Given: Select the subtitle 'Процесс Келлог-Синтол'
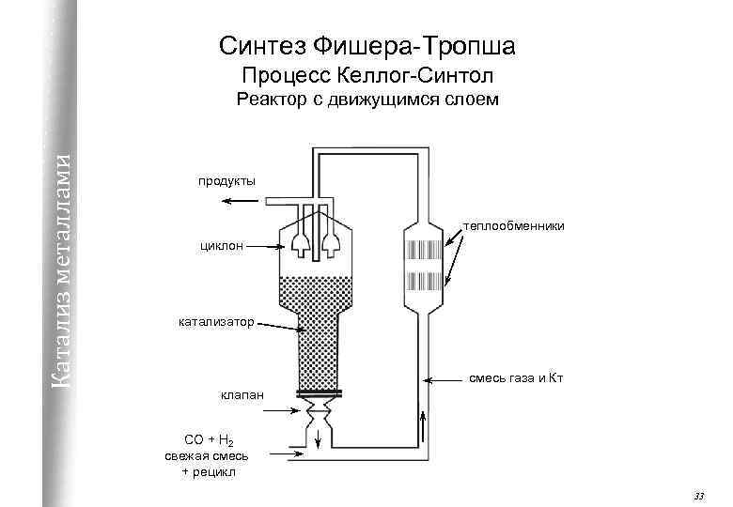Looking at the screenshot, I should tap(367, 74).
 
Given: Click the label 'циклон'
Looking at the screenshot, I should tap(221, 246).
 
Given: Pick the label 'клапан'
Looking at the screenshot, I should tap(242, 398).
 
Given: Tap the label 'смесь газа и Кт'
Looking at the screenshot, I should tap(516, 378).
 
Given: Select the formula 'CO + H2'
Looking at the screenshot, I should tap(209, 440).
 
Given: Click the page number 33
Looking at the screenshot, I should tap(697, 495).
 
